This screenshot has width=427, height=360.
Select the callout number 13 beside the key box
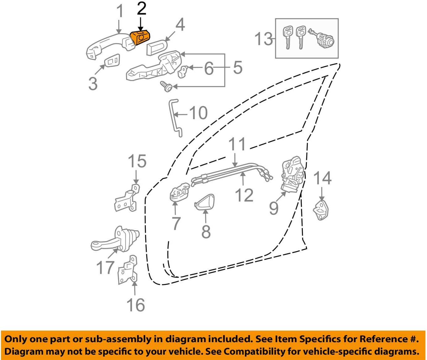pyautogui.click(x=263, y=39)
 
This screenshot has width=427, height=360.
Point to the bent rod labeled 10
pyautogui.click(x=175, y=117)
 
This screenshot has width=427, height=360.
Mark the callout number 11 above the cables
pyautogui.click(x=237, y=144)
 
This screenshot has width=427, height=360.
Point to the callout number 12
pyautogui.click(x=244, y=195)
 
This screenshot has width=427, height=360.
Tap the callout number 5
pyautogui.click(x=238, y=68)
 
